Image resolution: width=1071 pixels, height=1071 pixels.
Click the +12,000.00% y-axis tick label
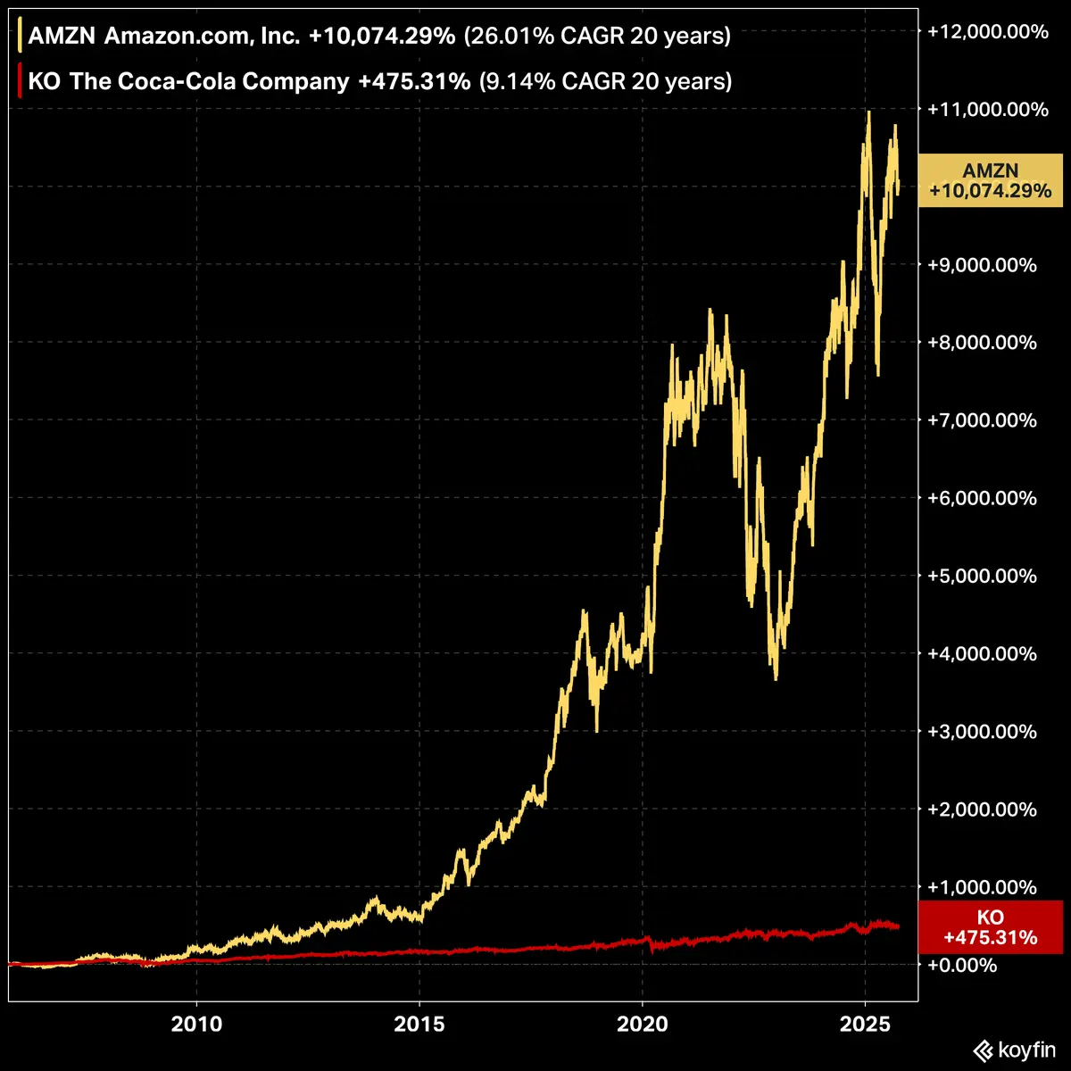[x=988, y=32]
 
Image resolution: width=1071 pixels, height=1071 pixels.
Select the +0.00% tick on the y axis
[x=963, y=966]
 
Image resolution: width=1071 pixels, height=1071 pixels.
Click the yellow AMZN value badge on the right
[x=990, y=180]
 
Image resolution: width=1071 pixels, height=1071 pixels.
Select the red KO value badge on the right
[x=990, y=927]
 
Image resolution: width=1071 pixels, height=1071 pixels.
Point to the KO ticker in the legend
[x=43, y=81]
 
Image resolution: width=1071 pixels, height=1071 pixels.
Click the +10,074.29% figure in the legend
[x=382, y=36]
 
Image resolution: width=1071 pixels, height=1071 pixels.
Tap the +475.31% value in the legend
[x=414, y=81]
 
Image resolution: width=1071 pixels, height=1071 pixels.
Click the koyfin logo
[x=1014, y=1050]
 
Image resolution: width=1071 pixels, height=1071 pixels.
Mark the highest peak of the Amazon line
[x=868, y=112]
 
